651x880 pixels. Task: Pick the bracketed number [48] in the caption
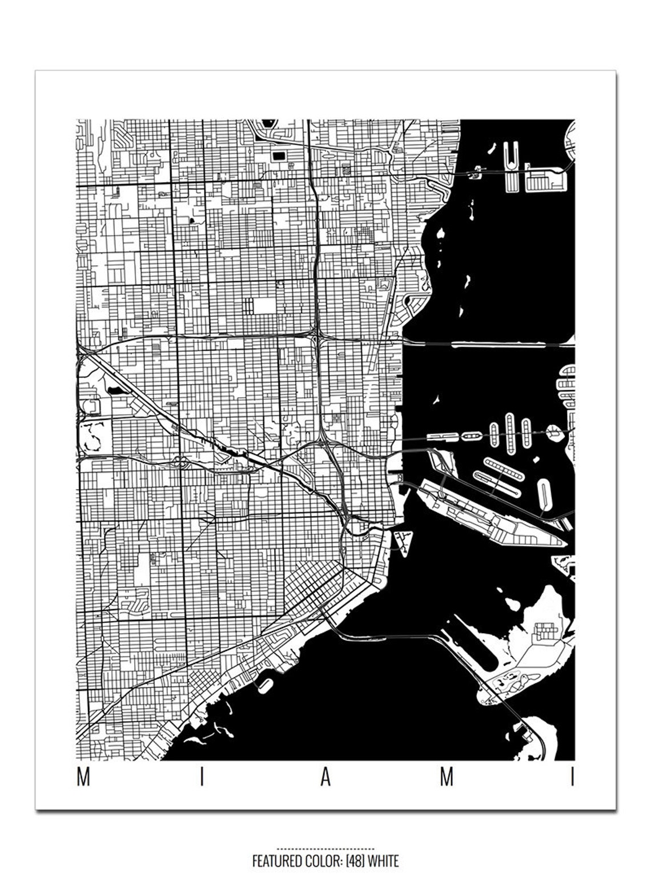pos(354,861)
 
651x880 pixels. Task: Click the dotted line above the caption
pos(325,849)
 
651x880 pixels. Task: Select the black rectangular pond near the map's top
pos(279,155)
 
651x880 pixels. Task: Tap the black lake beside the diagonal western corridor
pos(114,390)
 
